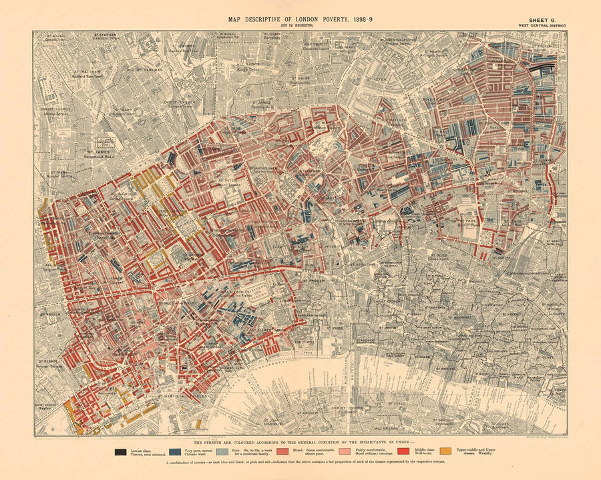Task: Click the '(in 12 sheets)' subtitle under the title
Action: [300, 26]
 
